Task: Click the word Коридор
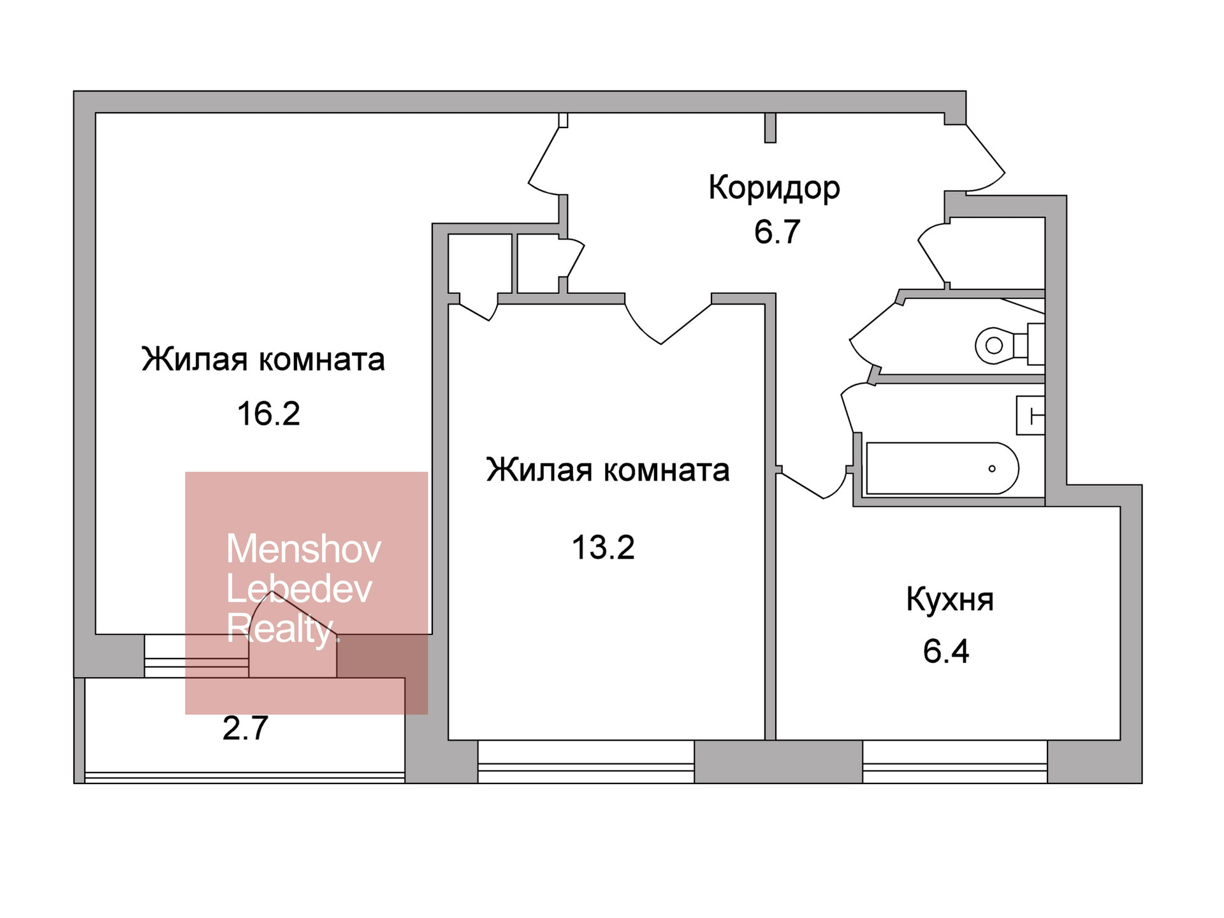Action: tap(774, 188)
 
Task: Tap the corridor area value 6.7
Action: tap(776, 232)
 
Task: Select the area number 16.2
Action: tap(268, 414)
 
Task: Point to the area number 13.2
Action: tap(603, 548)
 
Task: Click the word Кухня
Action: tap(949, 600)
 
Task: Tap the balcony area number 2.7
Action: tap(245, 729)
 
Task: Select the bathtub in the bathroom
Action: tap(942, 469)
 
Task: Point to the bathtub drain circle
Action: tap(992, 469)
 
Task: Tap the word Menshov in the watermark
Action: tap(303, 549)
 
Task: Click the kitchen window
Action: tap(955, 762)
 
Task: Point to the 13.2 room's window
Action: tap(586, 762)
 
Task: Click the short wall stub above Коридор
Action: tap(770, 127)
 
